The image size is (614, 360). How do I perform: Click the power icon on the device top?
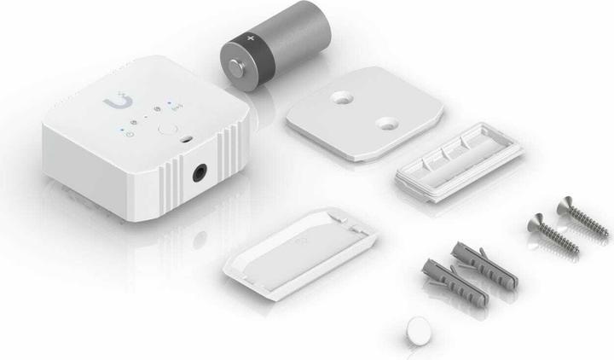pyautogui.click(x=127, y=133)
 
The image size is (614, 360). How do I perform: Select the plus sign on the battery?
pyautogui.click(x=250, y=38)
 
